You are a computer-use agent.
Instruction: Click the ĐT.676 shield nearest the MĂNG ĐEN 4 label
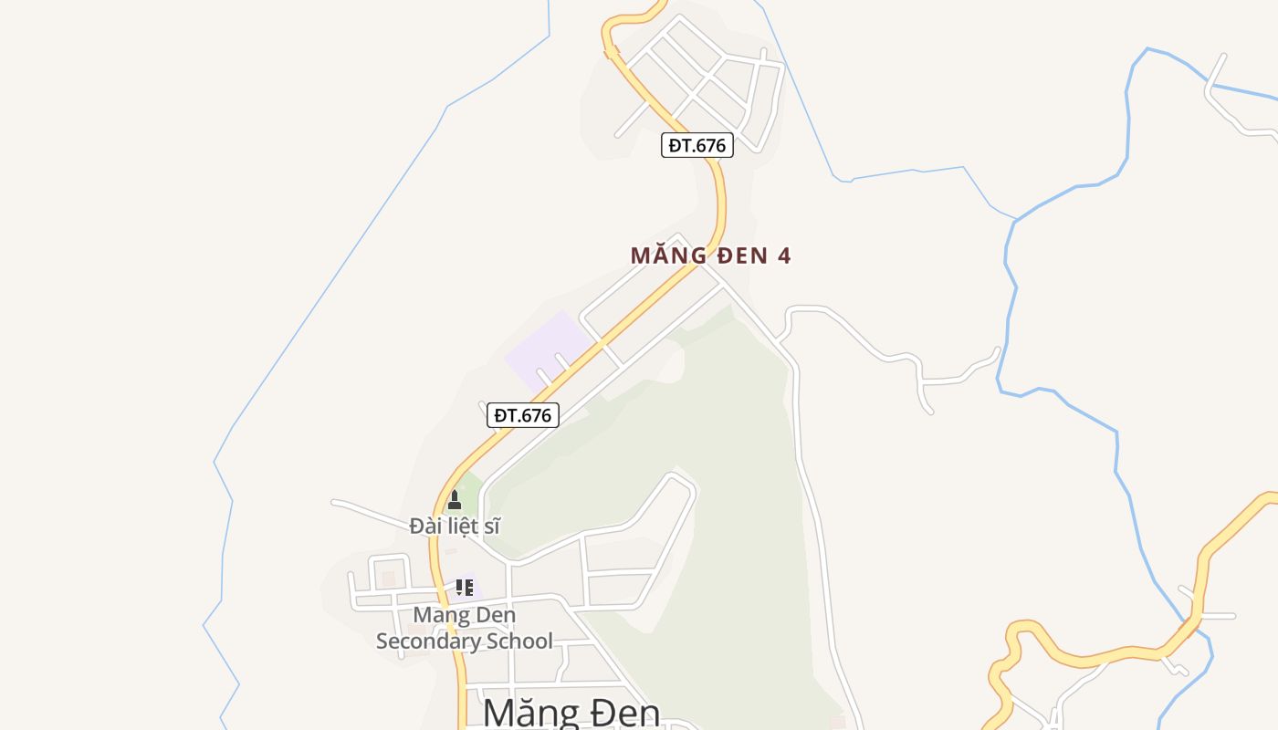[697, 145]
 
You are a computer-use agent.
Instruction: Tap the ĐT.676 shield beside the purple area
[522, 415]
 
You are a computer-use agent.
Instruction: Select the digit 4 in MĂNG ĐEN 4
[783, 255]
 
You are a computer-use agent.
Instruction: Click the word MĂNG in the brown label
[667, 255]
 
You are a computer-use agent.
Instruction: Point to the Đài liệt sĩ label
[455, 526]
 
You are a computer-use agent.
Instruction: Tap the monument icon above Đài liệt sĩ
[455, 500]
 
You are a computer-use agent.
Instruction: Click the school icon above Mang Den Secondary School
[464, 587]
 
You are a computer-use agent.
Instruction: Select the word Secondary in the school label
[428, 641]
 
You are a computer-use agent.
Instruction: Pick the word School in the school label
[519, 641]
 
